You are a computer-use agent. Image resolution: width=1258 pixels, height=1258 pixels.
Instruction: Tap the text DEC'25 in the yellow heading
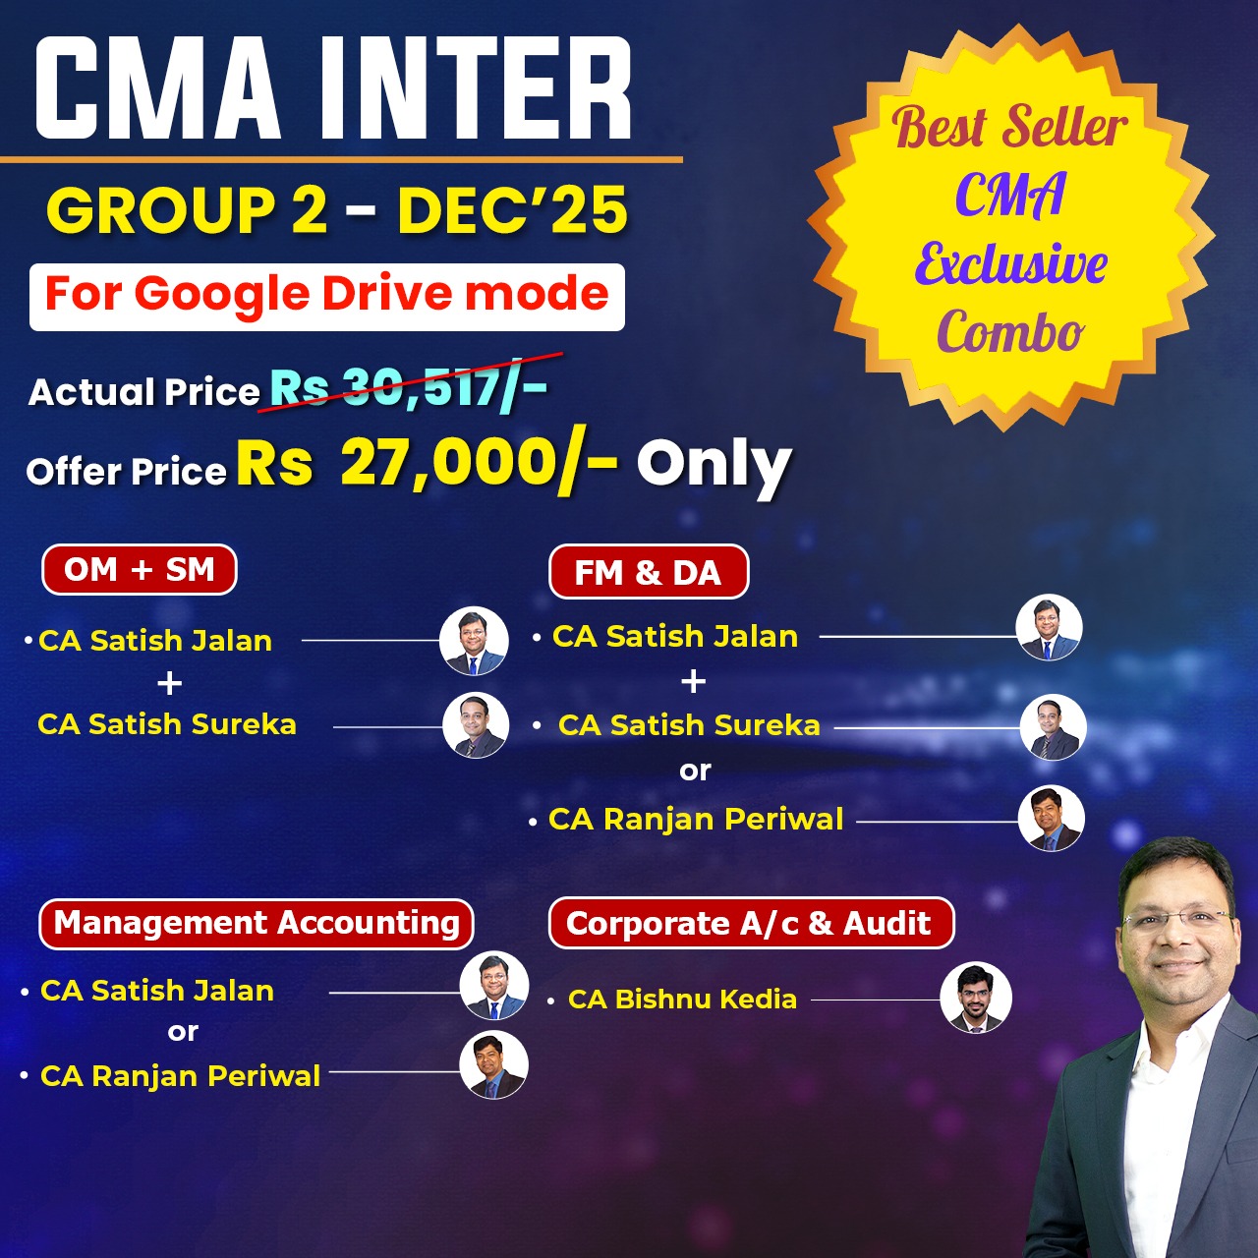pyautogui.click(x=512, y=210)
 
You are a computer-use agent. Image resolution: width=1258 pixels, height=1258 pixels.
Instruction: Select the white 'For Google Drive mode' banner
pyautogui.click(x=327, y=296)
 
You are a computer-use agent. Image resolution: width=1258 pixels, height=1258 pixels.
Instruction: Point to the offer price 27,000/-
pyautogui.click(x=479, y=463)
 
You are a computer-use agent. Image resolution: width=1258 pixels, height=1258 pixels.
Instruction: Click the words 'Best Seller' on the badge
pyautogui.click(x=1009, y=128)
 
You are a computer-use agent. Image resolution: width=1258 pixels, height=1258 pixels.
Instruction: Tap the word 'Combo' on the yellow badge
pyautogui.click(x=1009, y=332)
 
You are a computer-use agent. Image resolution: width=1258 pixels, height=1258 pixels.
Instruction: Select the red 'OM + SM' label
pyautogui.click(x=140, y=570)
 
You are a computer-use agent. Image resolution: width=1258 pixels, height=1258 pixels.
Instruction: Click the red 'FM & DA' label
pyautogui.click(x=648, y=572)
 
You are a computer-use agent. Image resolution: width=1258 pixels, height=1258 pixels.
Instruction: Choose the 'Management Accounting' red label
pyautogui.click(x=257, y=924)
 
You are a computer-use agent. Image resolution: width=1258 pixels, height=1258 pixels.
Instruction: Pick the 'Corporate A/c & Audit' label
pyautogui.click(x=750, y=924)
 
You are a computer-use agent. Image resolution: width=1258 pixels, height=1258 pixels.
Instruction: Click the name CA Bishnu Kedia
pyautogui.click(x=682, y=1000)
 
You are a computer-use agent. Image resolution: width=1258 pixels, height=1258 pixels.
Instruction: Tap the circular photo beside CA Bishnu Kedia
pyautogui.click(x=975, y=998)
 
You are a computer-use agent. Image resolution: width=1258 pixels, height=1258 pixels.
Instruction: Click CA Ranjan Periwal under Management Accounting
pyautogui.click(x=180, y=1076)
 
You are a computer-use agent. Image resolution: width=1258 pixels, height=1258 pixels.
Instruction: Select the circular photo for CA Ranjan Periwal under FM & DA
pyautogui.click(x=1052, y=819)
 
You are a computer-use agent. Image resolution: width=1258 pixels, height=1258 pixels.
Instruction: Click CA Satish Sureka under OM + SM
pyautogui.click(x=167, y=724)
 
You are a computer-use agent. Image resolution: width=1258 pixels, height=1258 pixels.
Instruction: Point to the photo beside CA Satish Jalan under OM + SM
pyautogui.click(x=474, y=641)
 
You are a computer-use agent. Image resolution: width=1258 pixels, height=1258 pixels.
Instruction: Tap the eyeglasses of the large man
pyautogui.click(x=1176, y=920)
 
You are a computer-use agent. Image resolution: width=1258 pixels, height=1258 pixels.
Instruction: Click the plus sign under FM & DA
pyautogui.click(x=693, y=681)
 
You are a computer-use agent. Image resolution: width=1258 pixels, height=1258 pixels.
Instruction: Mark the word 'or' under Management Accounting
pyautogui.click(x=183, y=1032)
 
